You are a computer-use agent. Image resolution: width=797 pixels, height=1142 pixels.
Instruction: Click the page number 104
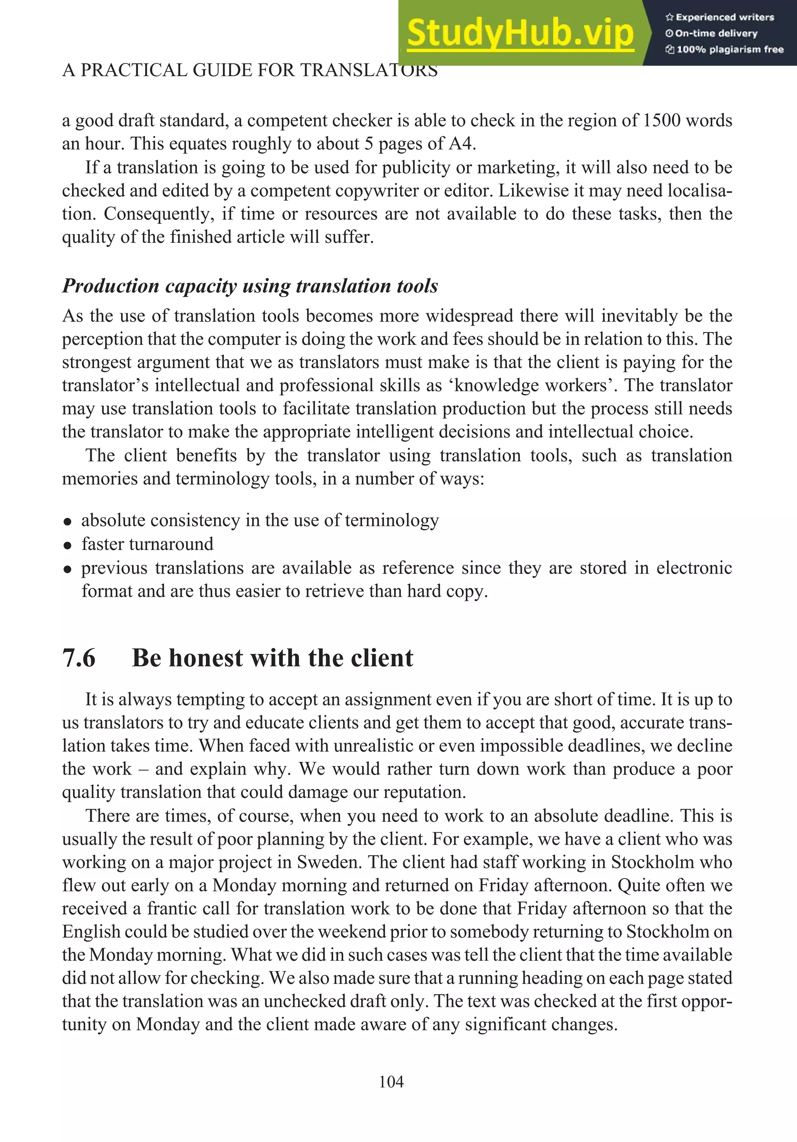click(391, 1082)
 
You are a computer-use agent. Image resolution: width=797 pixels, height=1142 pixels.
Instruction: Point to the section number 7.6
click(79, 658)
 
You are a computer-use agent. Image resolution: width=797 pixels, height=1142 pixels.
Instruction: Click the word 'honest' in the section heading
click(206, 658)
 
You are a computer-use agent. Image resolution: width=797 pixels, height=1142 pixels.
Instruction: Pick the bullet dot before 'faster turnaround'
click(68, 546)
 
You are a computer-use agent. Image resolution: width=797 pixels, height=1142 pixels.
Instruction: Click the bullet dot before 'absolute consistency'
click(68, 522)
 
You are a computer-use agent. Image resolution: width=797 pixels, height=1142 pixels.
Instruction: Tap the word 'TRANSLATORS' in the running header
click(369, 70)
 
